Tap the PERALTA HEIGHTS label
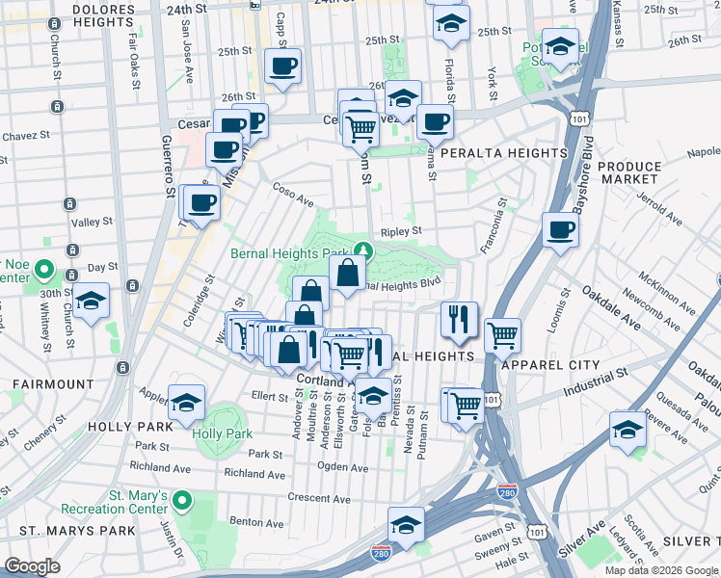(x=503, y=153)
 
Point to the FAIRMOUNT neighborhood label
(x=53, y=383)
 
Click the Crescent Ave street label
(x=317, y=497)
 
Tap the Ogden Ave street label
(x=343, y=467)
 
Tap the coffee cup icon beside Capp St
(x=283, y=66)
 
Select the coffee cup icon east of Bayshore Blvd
(x=559, y=229)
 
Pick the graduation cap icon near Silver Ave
(x=627, y=429)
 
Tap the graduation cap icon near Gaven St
(x=406, y=525)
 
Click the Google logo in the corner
(x=33, y=565)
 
